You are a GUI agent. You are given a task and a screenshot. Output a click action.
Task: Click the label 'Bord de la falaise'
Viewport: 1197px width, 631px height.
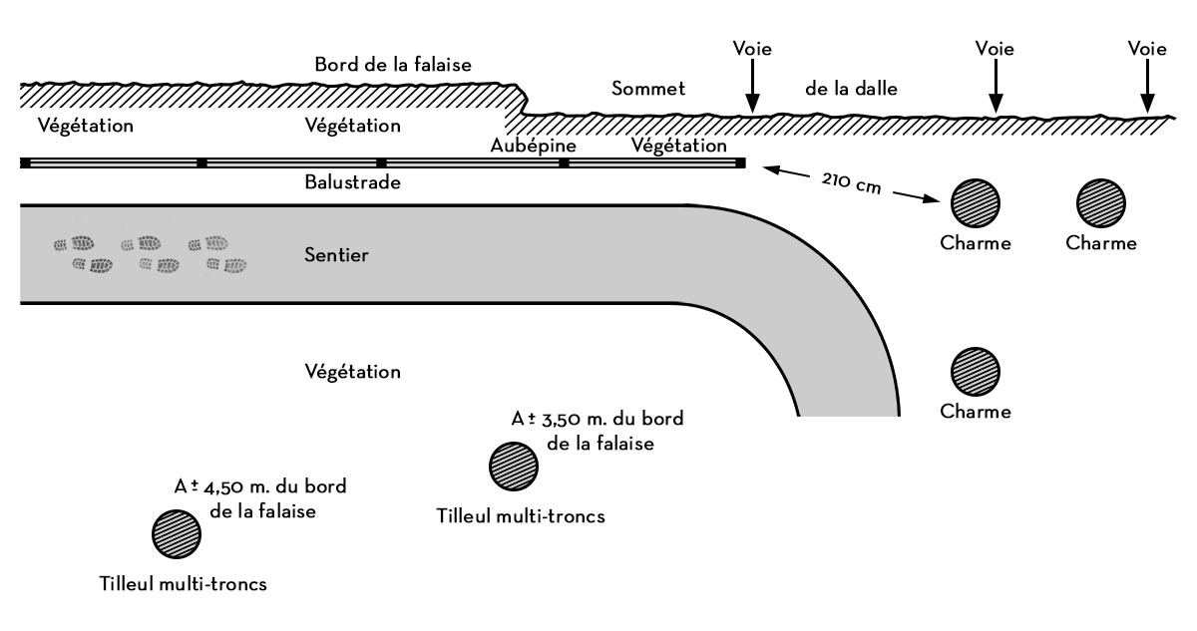click(x=393, y=65)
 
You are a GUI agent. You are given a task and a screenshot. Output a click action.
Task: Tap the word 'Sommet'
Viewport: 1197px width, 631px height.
click(x=648, y=89)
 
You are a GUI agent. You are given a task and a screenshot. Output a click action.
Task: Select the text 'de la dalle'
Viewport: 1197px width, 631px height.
click(x=853, y=89)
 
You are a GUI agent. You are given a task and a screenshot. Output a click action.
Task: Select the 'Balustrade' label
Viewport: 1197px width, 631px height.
click(x=352, y=183)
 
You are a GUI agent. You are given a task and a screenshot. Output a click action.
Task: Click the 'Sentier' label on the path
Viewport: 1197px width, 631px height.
click(x=336, y=256)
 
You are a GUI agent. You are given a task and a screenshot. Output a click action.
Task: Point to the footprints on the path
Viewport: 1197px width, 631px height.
click(x=150, y=254)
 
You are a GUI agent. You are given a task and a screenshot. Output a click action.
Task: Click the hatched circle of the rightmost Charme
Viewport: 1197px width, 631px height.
click(x=1101, y=202)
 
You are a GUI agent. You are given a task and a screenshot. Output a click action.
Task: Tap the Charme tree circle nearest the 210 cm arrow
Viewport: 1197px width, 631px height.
click(x=975, y=202)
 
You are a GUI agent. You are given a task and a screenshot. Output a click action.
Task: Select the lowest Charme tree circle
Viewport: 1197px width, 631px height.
click(x=975, y=371)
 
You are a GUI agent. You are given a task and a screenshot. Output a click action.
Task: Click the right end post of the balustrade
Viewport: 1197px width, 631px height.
click(x=740, y=162)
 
